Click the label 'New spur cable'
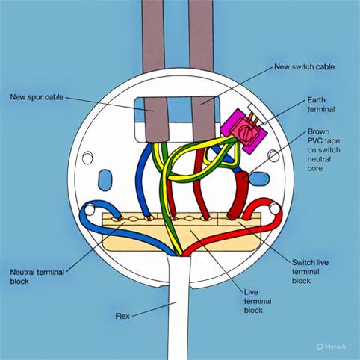[x=37, y=97]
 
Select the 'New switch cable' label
[x=304, y=66]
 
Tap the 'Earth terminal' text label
[x=321, y=105]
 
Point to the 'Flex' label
[x=122, y=316]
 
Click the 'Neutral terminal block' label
[x=37, y=276]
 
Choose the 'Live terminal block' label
[x=258, y=301]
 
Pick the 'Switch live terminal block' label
[x=310, y=272]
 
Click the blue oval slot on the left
[x=105, y=180]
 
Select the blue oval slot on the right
[x=259, y=179]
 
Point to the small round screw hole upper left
[x=87, y=158]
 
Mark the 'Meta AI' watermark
[x=332, y=347]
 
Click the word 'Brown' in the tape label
[x=318, y=131]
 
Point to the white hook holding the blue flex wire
[x=90, y=210]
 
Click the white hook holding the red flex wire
[x=275, y=208]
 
